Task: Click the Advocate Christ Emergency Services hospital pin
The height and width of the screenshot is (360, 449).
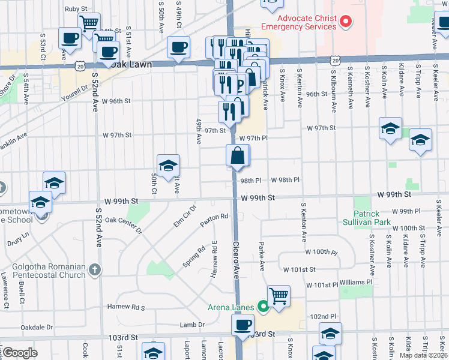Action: (345, 22)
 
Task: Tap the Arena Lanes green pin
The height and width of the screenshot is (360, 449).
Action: (263, 307)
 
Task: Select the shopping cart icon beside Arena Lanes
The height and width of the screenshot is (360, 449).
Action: (279, 296)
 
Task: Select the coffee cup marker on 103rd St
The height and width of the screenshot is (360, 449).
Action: (243, 325)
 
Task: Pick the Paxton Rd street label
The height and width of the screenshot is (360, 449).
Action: (215, 221)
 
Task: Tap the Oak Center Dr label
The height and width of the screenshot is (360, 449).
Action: (122, 224)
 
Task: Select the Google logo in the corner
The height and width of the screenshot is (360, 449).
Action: (20, 353)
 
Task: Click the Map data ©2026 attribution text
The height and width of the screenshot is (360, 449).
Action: (423, 355)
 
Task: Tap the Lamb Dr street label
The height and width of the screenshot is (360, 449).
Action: (192, 325)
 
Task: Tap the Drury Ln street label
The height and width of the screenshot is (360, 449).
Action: (18, 239)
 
